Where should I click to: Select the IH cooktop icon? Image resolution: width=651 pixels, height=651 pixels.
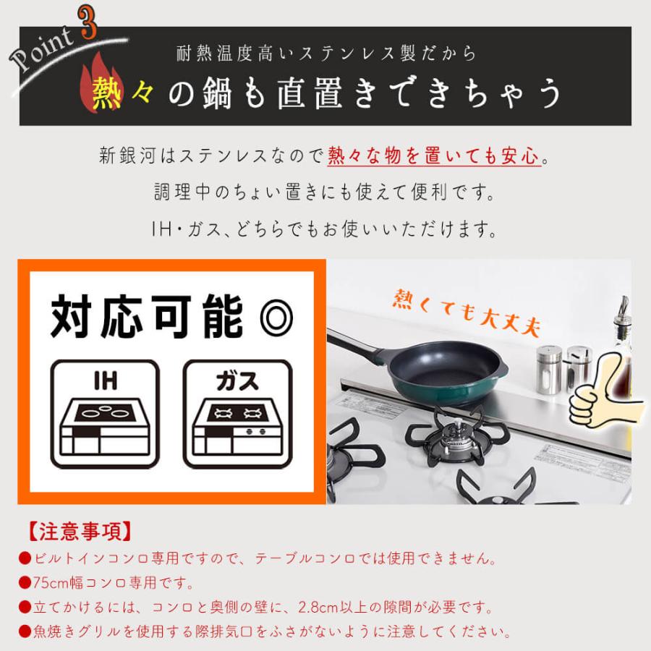104,414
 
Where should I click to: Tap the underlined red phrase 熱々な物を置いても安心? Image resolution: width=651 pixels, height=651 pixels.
434,156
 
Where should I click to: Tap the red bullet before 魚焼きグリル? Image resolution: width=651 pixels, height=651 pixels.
24,631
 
